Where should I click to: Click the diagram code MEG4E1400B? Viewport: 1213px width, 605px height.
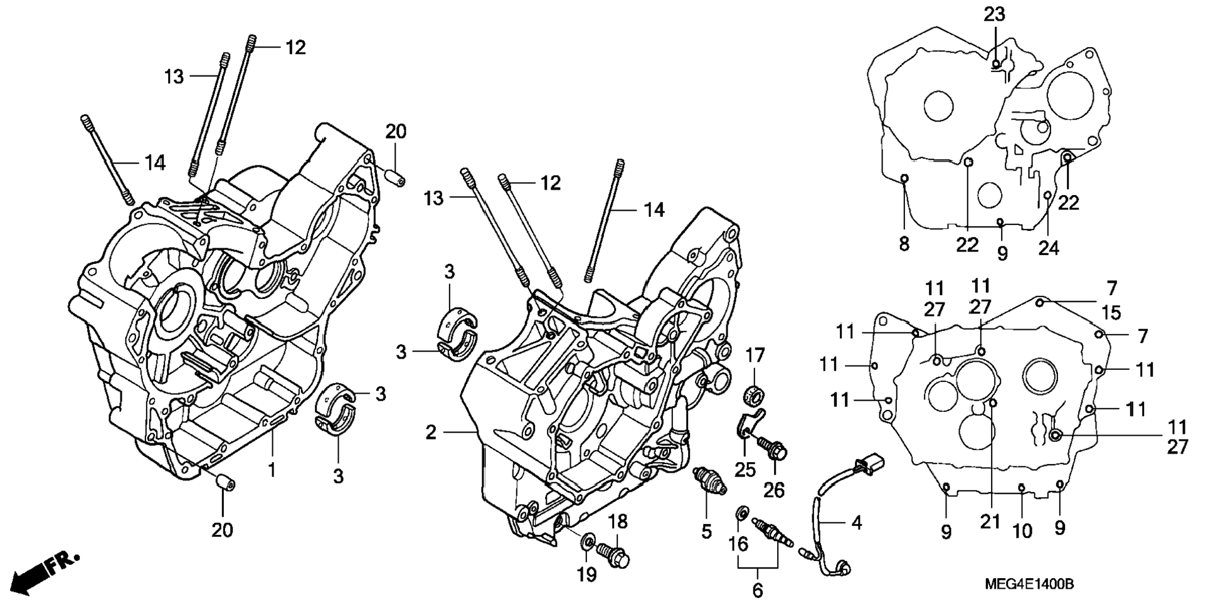[x=1029, y=584]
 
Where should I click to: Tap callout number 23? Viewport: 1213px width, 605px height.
[x=994, y=14]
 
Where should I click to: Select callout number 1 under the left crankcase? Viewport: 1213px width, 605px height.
[x=272, y=469]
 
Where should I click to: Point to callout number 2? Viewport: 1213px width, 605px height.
[x=431, y=433]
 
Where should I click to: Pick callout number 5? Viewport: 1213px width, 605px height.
[x=707, y=532]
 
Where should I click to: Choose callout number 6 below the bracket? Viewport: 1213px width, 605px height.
[x=758, y=590]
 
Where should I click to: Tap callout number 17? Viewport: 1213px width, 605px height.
[x=755, y=355]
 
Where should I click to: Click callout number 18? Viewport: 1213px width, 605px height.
[x=617, y=522]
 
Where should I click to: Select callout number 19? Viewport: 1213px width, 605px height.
[x=587, y=574]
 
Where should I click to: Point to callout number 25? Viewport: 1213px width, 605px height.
[x=746, y=469]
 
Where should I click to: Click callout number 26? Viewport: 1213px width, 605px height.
[x=775, y=490]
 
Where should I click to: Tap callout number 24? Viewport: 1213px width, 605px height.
[x=1048, y=249]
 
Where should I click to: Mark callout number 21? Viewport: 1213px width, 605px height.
[x=990, y=521]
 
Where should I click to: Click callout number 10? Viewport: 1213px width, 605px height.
[x=1022, y=532]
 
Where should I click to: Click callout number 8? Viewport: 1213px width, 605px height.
[x=904, y=244]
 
